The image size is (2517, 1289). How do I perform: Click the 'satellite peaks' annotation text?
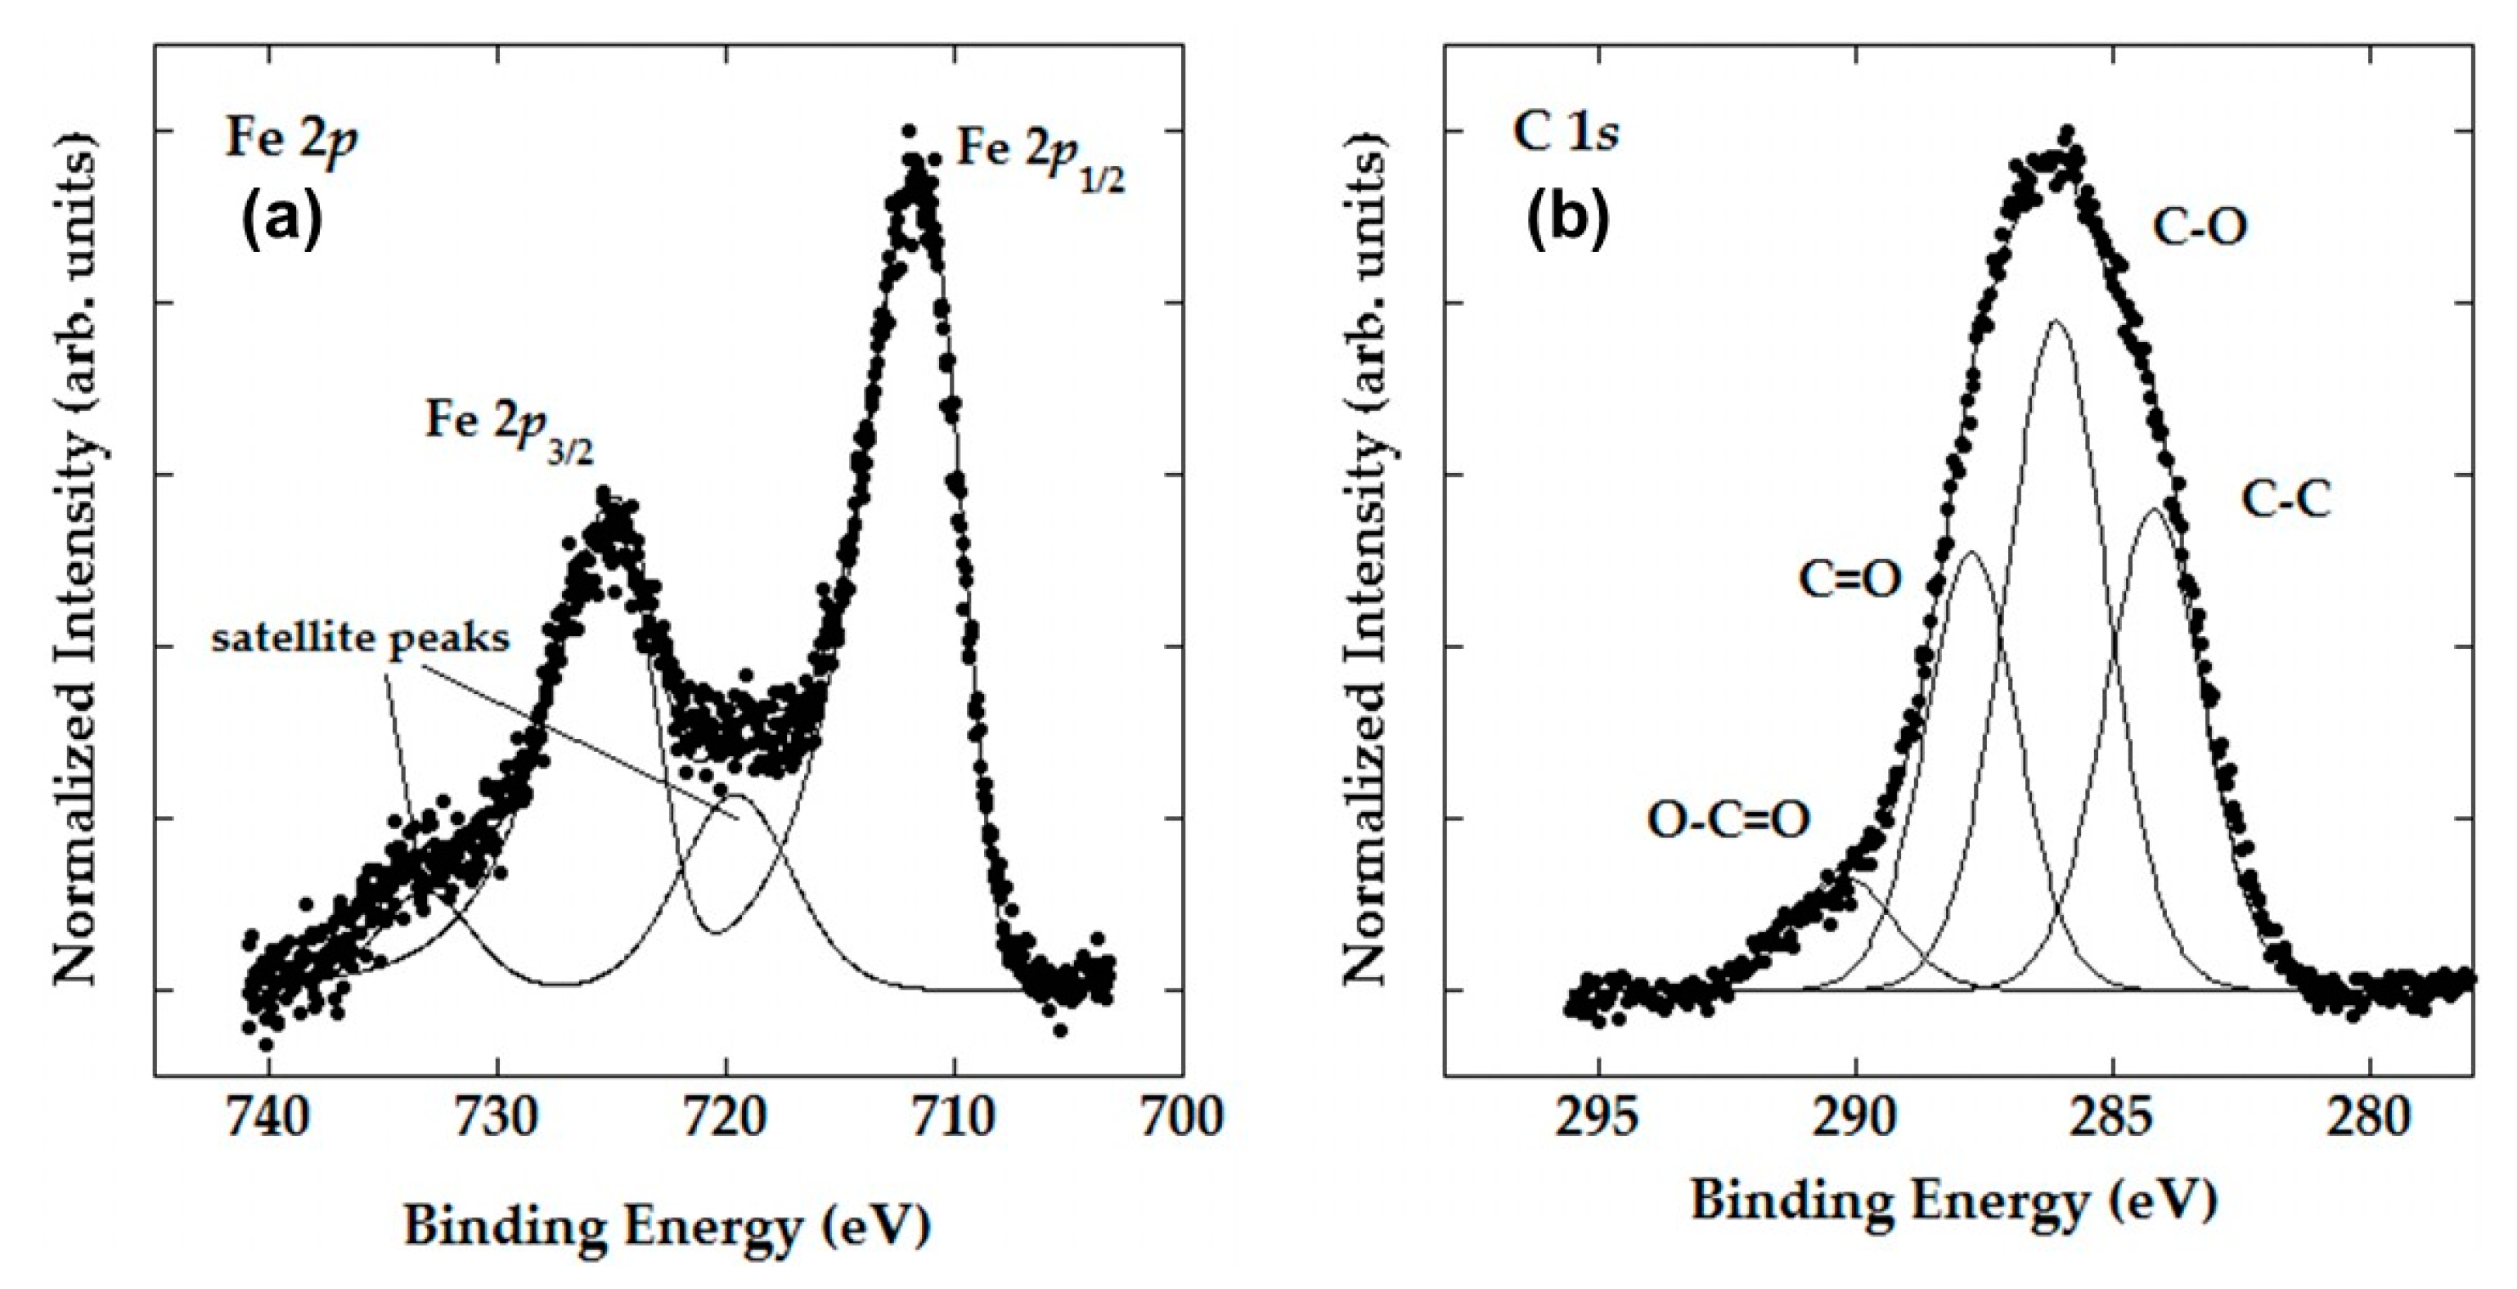[x=361, y=638]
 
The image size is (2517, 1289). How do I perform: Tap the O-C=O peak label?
[x=1728, y=820]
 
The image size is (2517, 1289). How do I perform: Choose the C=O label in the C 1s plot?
[x=1850, y=579]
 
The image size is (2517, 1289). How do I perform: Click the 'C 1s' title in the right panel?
[x=1564, y=134]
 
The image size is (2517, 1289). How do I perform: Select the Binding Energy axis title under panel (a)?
[x=667, y=1224]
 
